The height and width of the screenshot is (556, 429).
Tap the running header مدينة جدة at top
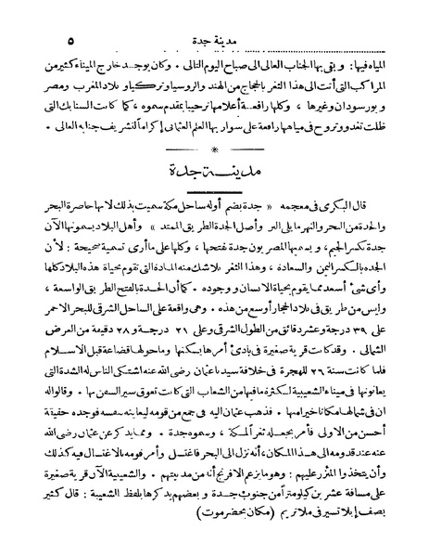tap(219, 17)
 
